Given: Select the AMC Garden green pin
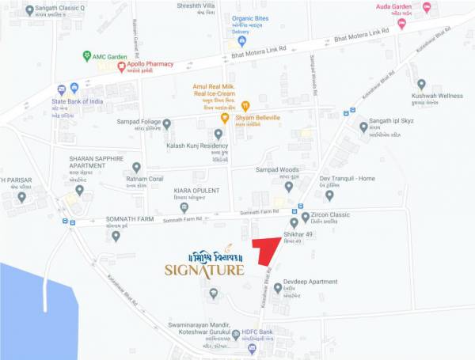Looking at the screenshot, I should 87,56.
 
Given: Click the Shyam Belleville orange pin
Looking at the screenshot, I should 225,118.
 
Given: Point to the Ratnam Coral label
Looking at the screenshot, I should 143,179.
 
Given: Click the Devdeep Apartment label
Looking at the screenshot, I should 311,282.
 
